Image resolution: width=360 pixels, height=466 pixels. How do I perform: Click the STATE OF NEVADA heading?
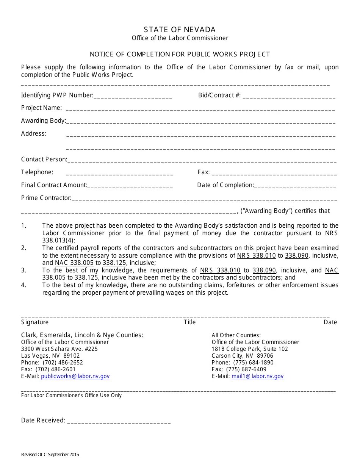(180, 30)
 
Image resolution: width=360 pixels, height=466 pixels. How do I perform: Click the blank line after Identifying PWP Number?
(133, 96)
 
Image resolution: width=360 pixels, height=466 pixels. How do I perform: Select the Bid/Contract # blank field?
(289, 96)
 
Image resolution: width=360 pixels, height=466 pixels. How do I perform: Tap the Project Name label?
(41, 108)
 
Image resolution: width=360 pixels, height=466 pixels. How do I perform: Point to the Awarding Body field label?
(44, 121)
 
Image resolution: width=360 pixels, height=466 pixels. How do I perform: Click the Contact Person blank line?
(202, 160)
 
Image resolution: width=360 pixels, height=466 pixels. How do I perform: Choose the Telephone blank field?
(119, 173)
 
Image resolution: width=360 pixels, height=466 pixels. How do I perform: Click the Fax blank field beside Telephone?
(274, 173)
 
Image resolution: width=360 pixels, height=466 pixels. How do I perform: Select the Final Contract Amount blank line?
(130, 186)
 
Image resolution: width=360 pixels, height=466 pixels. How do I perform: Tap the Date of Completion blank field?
(295, 186)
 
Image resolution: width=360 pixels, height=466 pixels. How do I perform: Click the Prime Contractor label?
(46, 198)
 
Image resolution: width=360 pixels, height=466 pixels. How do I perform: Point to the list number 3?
(24, 271)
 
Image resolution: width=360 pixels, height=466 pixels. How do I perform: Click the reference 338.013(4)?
(59, 240)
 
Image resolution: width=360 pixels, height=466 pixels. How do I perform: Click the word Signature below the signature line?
(35, 322)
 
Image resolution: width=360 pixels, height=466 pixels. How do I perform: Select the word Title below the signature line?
(189, 322)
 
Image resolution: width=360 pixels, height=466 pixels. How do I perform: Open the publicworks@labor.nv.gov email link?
(75, 376)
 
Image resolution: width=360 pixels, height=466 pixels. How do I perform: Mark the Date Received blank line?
(119, 421)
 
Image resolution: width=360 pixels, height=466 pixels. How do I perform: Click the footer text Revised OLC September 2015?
(50, 455)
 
